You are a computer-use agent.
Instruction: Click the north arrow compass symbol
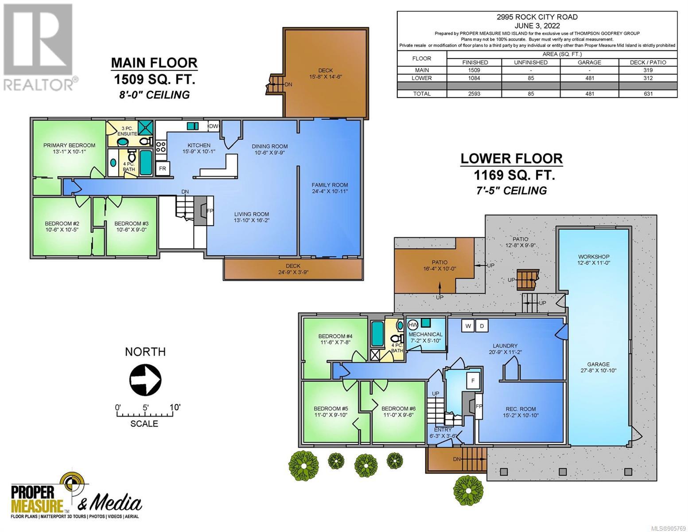pyautogui.click(x=145, y=379)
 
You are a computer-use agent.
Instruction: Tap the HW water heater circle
pyautogui.click(x=412, y=325)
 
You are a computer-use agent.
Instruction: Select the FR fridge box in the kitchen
pyautogui.click(x=163, y=168)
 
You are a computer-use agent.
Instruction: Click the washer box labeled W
pyautogui.click(x=468, y=326)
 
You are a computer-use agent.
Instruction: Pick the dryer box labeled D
pyautogui.click(x=482, y=326)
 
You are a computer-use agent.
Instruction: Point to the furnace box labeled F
pyautogui.click(x=473, y=380)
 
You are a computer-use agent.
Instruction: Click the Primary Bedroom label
pyautogui.click(x=70, y=145)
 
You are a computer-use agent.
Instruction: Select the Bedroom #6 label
pyautogui.click(x=398, y=409)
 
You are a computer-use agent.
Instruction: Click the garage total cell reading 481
pyautogui.click(x=590, y=94)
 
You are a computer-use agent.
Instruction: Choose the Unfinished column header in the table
pyautogui.click(x=531, y=63)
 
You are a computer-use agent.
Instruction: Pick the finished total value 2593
pyautogui.click(x=474, y=94)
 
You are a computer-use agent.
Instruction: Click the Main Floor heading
pyautogui.click(x=154, y=63)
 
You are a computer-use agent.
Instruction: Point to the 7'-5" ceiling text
pyautogui.click(x=512, y=191)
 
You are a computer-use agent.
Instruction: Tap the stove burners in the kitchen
pyautogui.click(x=161, y=147)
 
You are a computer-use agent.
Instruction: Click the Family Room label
pyautogui.click(x=330, y=185)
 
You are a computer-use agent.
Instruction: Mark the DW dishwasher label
pyautogui.click(x=214, y=126)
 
